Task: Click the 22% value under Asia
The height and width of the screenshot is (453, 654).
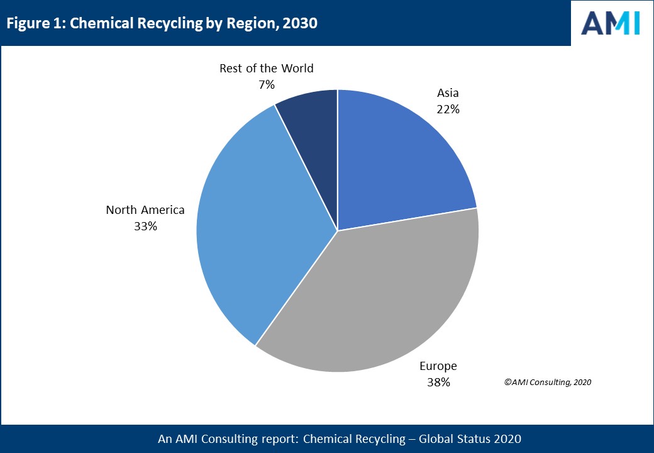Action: coord(448,109)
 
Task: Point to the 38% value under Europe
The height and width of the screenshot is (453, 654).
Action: coord(438,382)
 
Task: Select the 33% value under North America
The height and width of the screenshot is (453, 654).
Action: coord(145,226)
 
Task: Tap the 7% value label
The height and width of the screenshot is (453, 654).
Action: coord(267,84)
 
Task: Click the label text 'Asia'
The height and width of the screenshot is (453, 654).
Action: coord(448,93)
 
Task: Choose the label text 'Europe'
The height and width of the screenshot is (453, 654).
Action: coord(438,366)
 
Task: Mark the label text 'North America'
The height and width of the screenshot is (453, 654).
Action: coord(145,210)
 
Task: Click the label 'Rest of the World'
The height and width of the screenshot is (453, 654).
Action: coord(267,69)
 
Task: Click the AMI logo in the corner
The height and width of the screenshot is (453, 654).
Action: coord(611,23)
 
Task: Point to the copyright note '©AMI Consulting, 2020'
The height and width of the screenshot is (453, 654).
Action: coord(548,382)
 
